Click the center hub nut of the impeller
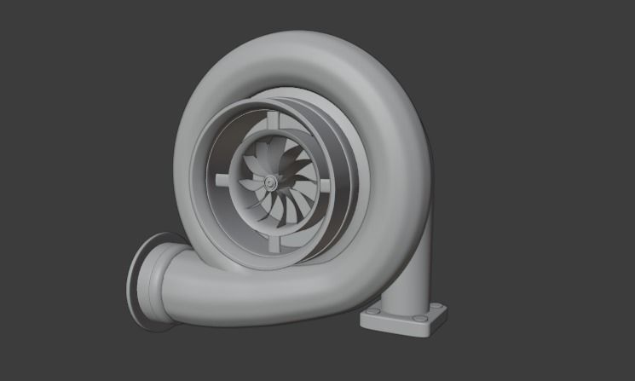(271, 182)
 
